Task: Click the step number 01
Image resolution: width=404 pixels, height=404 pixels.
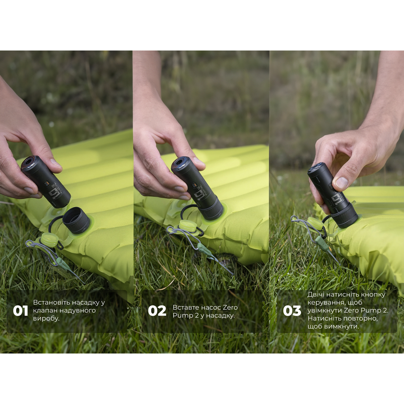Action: (x=20, y=311)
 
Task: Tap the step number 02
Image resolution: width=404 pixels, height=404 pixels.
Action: (x=157, y=311)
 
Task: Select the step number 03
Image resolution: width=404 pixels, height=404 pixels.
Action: (x=292, y=311)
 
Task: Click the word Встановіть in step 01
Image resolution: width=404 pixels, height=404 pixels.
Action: (x=51, y=302)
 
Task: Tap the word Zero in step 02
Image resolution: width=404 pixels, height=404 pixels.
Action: (x=230, y=307)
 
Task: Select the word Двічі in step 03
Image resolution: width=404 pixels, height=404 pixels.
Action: (x=318, y=295)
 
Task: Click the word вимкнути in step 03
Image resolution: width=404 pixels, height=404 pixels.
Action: (x=338, y=326)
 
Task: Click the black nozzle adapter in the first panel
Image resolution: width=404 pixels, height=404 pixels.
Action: (x=76, y=220)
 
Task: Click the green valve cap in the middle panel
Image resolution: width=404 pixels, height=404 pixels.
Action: (x=186, y=226)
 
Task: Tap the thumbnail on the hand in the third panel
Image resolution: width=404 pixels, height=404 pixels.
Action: (x=342, y=183)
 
